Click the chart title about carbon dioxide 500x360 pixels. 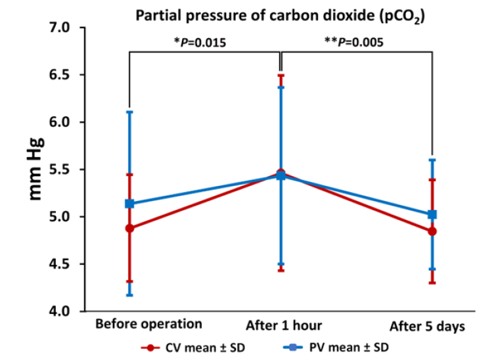(279, 16)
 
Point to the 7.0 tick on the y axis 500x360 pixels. (59, 28)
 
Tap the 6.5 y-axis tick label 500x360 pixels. (59, 75)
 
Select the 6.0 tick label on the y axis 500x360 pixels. (59, 122)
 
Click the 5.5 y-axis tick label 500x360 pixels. (59, 169)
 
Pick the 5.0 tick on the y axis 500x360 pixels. (59, 217)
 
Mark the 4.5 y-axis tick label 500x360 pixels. (59, 264)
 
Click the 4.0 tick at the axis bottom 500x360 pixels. (59, 311)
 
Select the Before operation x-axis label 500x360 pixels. (148, 324)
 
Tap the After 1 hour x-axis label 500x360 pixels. (284, 325)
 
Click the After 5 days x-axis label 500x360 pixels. (427, 325)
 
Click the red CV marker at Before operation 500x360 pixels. (129, 228)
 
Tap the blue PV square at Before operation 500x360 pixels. (129, 204)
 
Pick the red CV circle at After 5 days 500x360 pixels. (432, 231)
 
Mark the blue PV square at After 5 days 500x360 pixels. (432, 214)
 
